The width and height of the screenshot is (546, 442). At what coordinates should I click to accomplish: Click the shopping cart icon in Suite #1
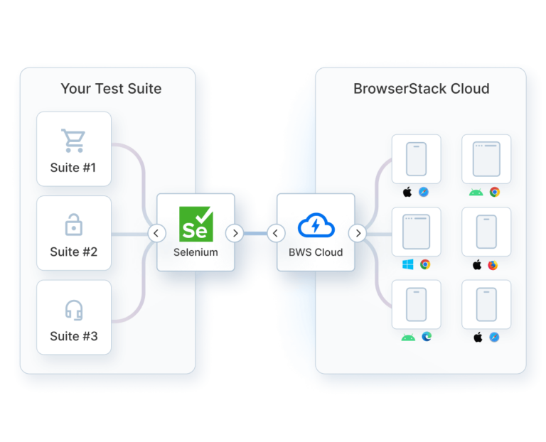[73, 141]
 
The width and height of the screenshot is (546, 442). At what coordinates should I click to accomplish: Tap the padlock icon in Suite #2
[73, 225]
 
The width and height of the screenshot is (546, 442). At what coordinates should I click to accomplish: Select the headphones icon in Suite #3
[74, 310]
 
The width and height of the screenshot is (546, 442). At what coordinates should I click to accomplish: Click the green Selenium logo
[196, 223]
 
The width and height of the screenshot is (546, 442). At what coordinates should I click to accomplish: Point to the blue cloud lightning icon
[315, 225]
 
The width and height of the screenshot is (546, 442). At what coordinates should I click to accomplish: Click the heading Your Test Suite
[111, 89]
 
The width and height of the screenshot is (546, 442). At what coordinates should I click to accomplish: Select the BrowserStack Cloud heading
[421, 89]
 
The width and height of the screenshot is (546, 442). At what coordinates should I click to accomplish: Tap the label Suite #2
[74, 252]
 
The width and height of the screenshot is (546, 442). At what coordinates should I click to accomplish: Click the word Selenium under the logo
[196, 252]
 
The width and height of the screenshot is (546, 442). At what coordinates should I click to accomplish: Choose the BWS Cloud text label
[316, 252]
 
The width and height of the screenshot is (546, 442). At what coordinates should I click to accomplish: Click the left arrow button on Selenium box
[156, 233]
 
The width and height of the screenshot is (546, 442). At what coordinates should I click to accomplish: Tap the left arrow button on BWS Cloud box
[276, 233]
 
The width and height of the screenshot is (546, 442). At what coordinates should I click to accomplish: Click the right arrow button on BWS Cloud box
[358, 233]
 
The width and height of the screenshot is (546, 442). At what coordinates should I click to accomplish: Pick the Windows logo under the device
[408, 264]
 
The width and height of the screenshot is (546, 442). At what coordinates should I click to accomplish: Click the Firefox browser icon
[493, 265]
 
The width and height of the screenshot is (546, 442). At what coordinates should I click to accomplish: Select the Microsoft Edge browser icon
[426, 337]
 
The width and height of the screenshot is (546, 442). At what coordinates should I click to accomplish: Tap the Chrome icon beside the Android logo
[494, 192]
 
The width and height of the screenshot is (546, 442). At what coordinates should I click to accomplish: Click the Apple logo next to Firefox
[477, 265]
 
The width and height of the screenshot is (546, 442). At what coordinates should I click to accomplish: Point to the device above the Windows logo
[416, 232]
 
